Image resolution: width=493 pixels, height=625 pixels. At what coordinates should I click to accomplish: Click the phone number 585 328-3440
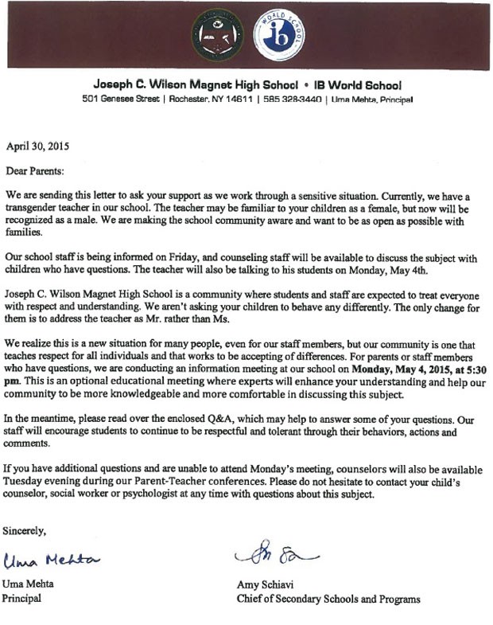[x=293, y=100]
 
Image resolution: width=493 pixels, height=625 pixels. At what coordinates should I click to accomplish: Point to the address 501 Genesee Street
[x=117, y=100]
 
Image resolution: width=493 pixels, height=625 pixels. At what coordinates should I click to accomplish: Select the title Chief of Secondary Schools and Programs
[x=328, y=599]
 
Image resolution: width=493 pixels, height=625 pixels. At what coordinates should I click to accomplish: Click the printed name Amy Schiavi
[x=264, y=584]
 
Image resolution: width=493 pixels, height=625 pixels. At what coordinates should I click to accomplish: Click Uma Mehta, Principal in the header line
[x=371, y=100]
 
